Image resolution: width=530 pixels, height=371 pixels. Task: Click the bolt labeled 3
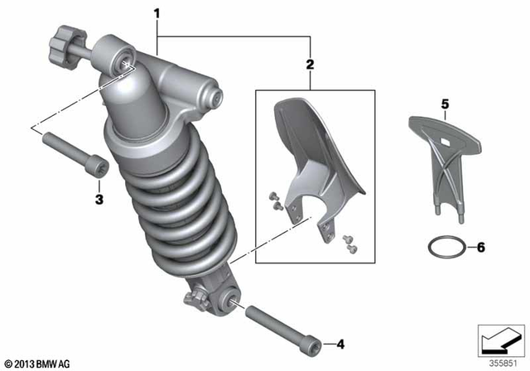click(75, 156)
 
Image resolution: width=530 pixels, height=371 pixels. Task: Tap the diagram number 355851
click(503, 361)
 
